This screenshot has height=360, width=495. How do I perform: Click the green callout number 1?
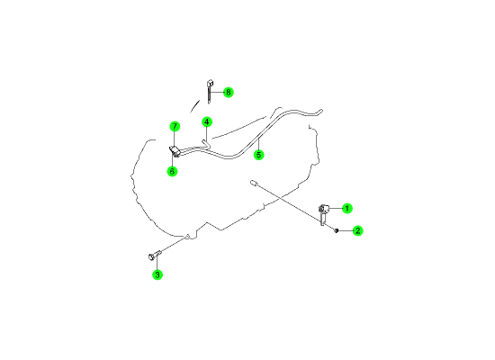[x=346, y=209]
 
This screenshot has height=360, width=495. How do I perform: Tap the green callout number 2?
[x=357, y=230]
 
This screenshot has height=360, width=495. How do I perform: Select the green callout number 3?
[x=157, y=274]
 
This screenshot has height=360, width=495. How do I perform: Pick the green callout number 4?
[x=207, y=121]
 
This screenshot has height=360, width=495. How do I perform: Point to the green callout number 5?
[x=259, y=155]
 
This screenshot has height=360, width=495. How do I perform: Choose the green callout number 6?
[x=172, y=171]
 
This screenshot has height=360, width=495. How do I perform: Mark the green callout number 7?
[x=175, y=127]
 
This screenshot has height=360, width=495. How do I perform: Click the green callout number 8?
[x=228, y=93]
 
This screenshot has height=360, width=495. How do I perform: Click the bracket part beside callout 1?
[x=323, y=214]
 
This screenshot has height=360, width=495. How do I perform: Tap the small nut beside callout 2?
[x=337, y=230]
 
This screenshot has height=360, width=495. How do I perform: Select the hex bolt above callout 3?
[x=155, y=255]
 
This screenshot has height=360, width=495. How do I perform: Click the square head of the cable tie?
[x=211, y=84]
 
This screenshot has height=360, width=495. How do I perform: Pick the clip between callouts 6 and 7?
[x=175, y=151]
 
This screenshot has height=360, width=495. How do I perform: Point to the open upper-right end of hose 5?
[x=321, y=111]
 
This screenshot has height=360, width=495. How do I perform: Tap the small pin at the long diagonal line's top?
[x=254, y=183]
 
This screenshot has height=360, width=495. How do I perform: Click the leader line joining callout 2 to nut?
[x=346, y=230]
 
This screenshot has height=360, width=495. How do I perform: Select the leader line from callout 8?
[x=217, y=92]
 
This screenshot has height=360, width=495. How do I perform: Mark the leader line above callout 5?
[x=258, y=144]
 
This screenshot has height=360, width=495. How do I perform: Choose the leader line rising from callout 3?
[x=157, y=261]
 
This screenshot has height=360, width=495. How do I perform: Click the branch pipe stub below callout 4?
[x=206, y=144]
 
